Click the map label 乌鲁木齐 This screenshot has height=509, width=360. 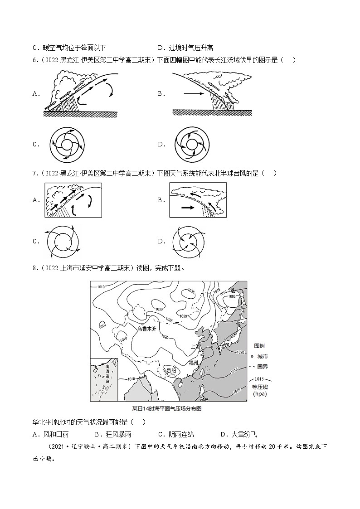coord(147,329)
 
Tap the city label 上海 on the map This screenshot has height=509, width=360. coord(196,346)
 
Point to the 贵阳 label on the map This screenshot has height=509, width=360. coord(170,370)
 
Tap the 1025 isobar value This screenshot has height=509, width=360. coord(170,320)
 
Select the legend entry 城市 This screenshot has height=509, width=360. coord(262,356)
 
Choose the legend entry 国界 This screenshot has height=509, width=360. coord(262,366)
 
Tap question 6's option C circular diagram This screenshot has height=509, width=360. coord(67,145)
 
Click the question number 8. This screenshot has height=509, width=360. coord(34,268)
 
